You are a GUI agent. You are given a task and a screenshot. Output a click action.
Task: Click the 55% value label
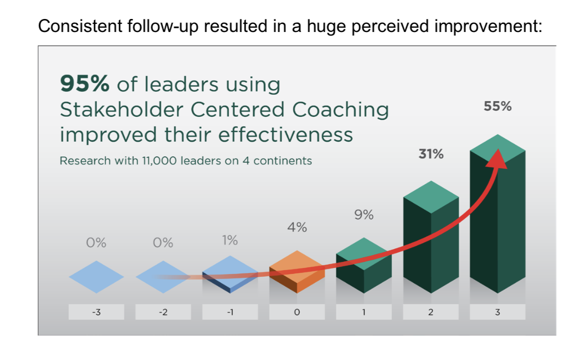point(497,106)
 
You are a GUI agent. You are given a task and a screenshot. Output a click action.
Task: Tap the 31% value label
point(431,154)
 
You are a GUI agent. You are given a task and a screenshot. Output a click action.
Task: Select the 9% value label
point(363,215)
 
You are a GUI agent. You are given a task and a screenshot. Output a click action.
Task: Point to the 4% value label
point(297,228)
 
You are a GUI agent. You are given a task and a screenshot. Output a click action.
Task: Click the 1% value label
point(229,240)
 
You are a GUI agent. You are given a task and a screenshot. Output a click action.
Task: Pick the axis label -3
point(96,312)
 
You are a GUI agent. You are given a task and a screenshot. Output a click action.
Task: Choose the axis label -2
point(163,312)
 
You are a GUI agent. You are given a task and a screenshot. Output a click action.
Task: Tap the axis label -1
point(230,312)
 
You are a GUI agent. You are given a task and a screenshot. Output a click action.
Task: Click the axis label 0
point(297,312)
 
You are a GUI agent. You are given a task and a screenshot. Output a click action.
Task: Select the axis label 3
point(497,312)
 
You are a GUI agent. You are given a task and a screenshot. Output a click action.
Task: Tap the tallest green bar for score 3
point(497,215)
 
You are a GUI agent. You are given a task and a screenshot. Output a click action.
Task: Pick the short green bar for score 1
point(363,267)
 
